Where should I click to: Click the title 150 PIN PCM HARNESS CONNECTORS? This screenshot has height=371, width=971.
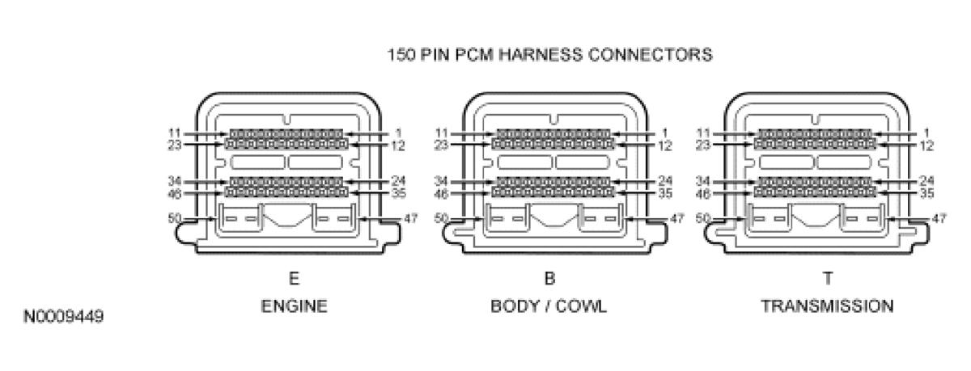click(549, 56)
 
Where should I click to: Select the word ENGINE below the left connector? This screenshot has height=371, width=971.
click(294, 307)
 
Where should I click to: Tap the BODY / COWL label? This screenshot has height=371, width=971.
click(549, 307)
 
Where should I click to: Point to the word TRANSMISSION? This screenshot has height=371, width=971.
click(827, 307)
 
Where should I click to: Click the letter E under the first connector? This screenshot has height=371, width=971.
click(294, 278)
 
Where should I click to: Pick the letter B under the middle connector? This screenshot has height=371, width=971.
click(549, 278)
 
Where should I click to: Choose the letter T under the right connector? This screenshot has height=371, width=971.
click(827, 278)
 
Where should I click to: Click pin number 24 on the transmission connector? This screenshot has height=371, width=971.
click(927, 180)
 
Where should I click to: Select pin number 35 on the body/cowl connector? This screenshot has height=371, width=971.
click(665, 193)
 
